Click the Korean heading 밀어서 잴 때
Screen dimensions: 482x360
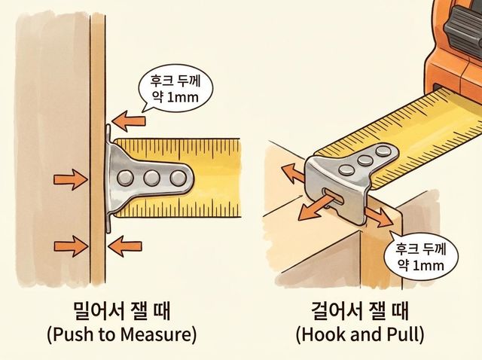tap(122, 311)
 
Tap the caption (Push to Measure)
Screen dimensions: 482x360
tap(122, 334)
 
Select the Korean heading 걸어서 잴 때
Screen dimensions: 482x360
tap(360, 311)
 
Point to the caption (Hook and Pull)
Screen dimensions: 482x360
tap(360, 334)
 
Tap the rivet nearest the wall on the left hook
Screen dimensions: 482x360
tap(126, 178)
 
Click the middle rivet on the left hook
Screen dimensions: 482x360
tap(152, 178)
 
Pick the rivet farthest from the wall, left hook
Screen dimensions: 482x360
tap(178, 178)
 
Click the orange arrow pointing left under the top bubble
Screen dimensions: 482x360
tap(129, 121)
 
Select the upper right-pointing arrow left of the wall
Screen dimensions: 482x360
tap(71, 179)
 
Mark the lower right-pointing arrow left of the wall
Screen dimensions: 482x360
tap(72, 246)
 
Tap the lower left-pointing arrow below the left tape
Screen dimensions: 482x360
tap(125, 246)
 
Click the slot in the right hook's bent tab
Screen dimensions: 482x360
tap(333, 196)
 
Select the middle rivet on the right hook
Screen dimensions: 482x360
tap(365, 160)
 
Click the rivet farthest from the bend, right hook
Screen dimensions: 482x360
tap(383, 151)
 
